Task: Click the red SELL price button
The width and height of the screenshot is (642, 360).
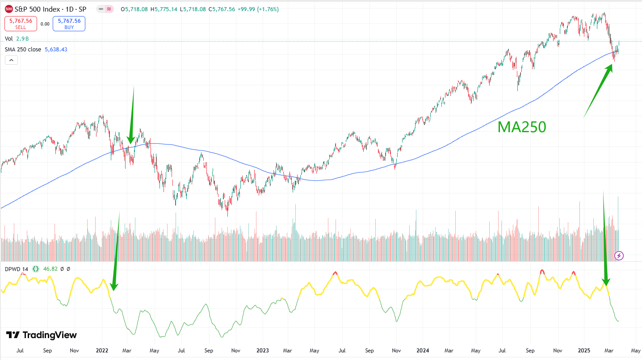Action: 21,23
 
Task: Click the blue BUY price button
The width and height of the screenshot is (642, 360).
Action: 69,23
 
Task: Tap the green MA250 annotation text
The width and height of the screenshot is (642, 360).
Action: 522,127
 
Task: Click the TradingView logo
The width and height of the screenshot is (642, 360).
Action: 42,335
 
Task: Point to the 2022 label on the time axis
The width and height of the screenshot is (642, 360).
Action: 102,351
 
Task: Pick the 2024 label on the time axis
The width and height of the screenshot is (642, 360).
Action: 422,351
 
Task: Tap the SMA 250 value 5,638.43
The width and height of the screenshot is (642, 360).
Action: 56,50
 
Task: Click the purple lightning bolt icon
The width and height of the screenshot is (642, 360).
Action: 619,255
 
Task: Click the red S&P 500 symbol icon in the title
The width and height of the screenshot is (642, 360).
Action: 8,8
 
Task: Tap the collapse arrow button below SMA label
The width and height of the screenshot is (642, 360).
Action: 12,60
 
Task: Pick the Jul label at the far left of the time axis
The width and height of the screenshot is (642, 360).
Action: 20,351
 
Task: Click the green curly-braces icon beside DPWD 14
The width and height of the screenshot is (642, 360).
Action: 36,269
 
